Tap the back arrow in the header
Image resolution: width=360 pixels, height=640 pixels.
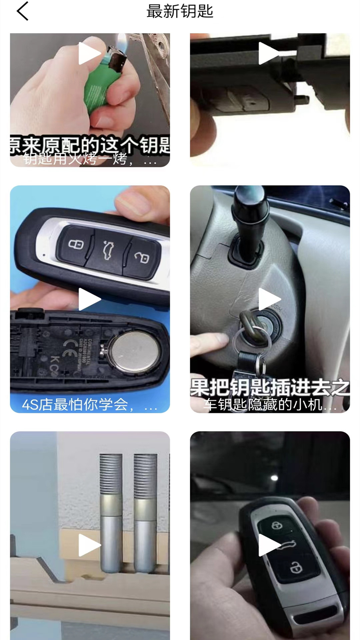[22, 11]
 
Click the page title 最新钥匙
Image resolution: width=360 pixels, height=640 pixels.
[180, 11]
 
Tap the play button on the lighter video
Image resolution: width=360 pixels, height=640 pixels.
[89, 53]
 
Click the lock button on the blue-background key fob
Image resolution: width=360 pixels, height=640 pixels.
[76, 244]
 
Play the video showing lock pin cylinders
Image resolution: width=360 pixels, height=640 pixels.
[89, 545]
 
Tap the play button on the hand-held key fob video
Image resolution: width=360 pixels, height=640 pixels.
[269, 545]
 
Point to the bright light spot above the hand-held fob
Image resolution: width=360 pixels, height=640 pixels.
[274, 478]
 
